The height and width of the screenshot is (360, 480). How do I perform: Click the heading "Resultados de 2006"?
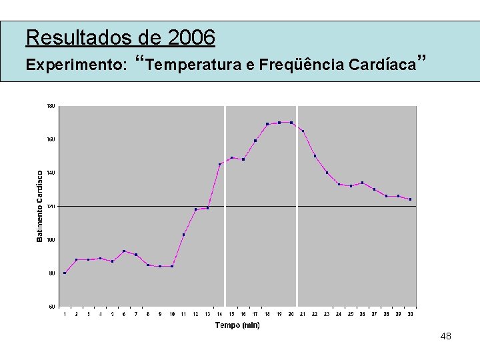[x=121, y=37]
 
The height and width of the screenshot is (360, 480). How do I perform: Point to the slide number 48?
[x=446, y=337]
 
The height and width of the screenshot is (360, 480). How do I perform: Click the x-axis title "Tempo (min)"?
[x=237, y=325]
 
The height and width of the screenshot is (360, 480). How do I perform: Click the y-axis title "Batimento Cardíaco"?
[x=40, y=206]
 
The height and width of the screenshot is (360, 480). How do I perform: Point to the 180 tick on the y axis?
[x=51, y=106]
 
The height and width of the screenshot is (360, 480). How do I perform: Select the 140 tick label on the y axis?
[x=51, y=173]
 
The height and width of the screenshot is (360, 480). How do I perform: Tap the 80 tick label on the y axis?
[x=51, y=273]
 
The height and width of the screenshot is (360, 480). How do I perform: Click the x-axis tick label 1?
[x=65, y=314]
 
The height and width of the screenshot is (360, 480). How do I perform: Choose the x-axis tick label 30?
[x=410, y=314]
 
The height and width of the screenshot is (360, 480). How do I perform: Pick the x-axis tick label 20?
[x=291, y=314]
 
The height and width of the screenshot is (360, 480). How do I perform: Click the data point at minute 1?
[x=65, y=273]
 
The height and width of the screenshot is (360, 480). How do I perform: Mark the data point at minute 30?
[x=410, y=199]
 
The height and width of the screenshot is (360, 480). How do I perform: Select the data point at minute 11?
[x=183, y=235]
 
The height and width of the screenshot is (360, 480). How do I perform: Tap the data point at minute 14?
[x=219, y=164]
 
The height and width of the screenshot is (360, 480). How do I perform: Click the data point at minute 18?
[x=267, y=124]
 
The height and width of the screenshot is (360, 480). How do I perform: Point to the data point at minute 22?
[x=315, y=156]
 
